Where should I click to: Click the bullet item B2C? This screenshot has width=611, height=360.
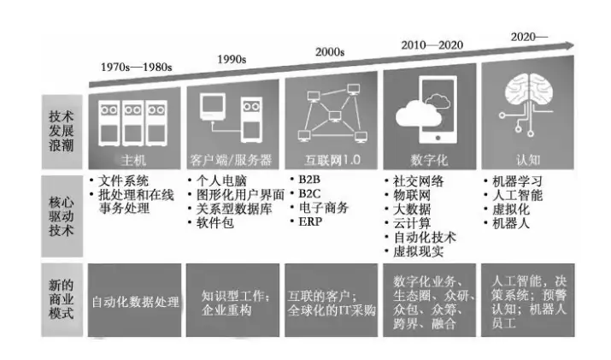[308, 194]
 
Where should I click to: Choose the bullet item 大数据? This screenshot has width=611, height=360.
[413, 209]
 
